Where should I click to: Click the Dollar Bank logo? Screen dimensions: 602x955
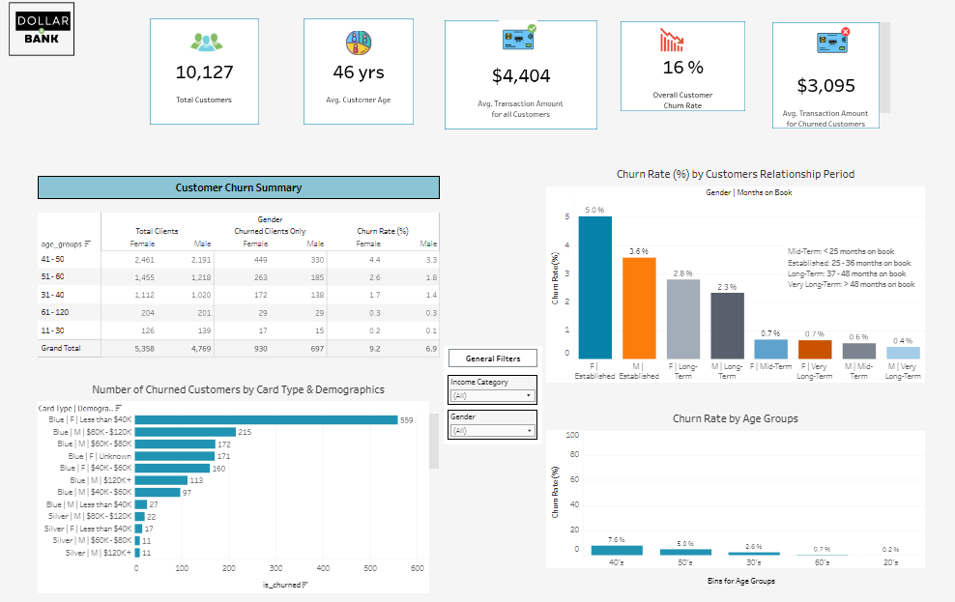click(x=41, y=30)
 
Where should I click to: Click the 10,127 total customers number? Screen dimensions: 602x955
click(x=204, y=72)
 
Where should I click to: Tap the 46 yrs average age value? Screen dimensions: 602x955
click(x=358, y=72)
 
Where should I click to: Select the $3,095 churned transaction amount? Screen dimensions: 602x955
click(x=825, y=86)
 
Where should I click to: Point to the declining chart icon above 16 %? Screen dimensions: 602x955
click(x=671, y=41)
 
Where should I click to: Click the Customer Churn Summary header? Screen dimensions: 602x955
click(x=238, y=187)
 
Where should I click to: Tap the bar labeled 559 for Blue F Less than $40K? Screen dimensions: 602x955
click(x=266, y=420)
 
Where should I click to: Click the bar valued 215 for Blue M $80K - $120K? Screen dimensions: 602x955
click(x=185, y=432)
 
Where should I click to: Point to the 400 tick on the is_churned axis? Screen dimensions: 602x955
click(x=323, y=568)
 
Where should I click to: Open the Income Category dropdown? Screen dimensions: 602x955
click(x=493, y=395)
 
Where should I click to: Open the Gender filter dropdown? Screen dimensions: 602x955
click(x=493, y=430)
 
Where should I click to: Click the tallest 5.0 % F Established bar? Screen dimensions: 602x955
click(x=594, y=288)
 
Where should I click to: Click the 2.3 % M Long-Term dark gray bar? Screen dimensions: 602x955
click(x=727, y=326)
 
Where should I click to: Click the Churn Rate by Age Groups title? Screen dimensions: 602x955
click(x=735, y=418)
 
